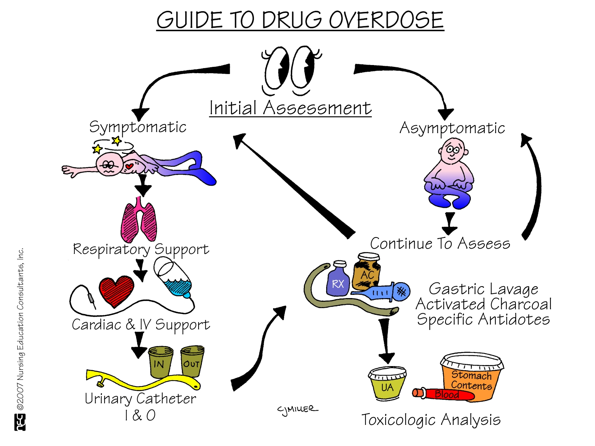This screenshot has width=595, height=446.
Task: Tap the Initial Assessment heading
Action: (290, 108)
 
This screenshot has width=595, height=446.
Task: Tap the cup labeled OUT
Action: (192, 361)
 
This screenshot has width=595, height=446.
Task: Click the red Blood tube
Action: (444, 394)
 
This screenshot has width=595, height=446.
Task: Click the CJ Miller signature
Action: (297, 410)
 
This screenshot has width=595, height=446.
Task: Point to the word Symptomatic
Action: (138, 127)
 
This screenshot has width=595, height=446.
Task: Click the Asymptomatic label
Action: (452, 129)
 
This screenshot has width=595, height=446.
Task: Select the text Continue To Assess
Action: (440, 244)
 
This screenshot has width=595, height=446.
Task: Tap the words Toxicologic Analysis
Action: (431, 420)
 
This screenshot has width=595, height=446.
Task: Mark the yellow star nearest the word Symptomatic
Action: (117, 140)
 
